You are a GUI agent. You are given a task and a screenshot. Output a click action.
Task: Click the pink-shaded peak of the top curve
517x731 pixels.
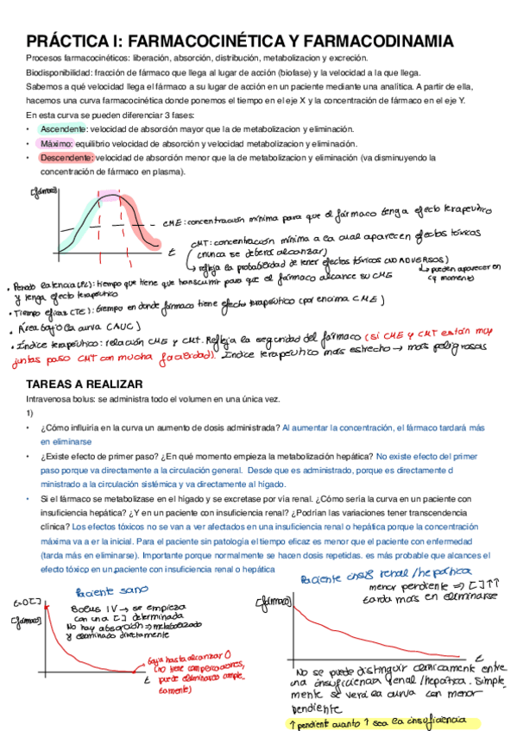[x=110, y=196]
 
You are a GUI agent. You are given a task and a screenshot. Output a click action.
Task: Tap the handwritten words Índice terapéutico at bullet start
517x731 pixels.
[x=54, y=345]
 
